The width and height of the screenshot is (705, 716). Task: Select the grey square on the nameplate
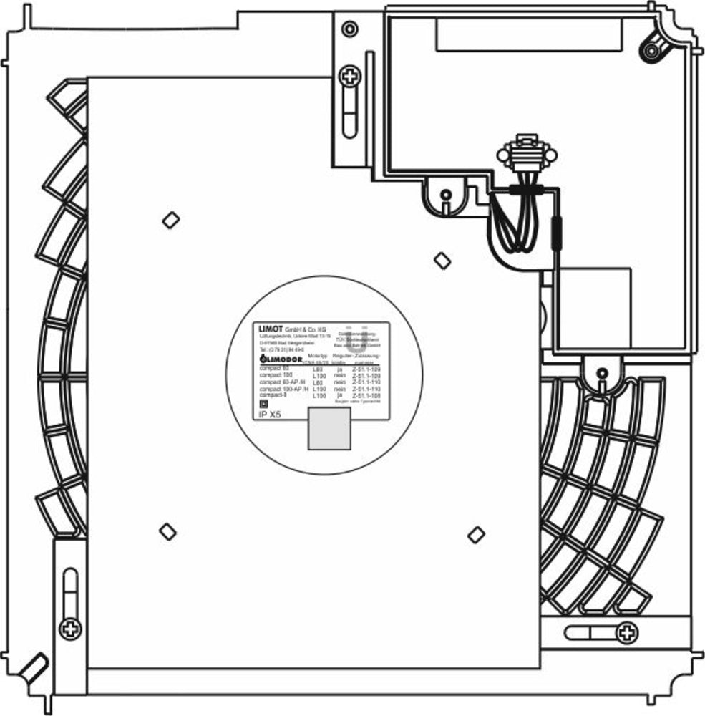click(x=329, y=429)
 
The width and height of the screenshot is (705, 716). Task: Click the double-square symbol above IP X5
click(x=263, y=403)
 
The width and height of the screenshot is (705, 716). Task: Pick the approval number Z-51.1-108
click(x=366, y=395)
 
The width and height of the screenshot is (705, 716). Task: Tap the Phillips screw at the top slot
click(x=349, y=75)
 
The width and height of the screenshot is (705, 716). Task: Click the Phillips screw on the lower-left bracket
click(x=70, y=629)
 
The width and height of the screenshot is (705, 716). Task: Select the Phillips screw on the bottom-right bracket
click(x=627, y=632)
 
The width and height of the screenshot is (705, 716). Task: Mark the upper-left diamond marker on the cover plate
click(x=170, y=220)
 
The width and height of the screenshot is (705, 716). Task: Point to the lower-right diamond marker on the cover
click(x=475, y=533)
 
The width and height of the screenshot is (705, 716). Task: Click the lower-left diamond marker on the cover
click(x=167, y=531)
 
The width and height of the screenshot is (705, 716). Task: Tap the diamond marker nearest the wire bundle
click(x=443, y=261)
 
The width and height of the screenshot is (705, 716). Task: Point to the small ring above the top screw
click(x=349, y=29)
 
